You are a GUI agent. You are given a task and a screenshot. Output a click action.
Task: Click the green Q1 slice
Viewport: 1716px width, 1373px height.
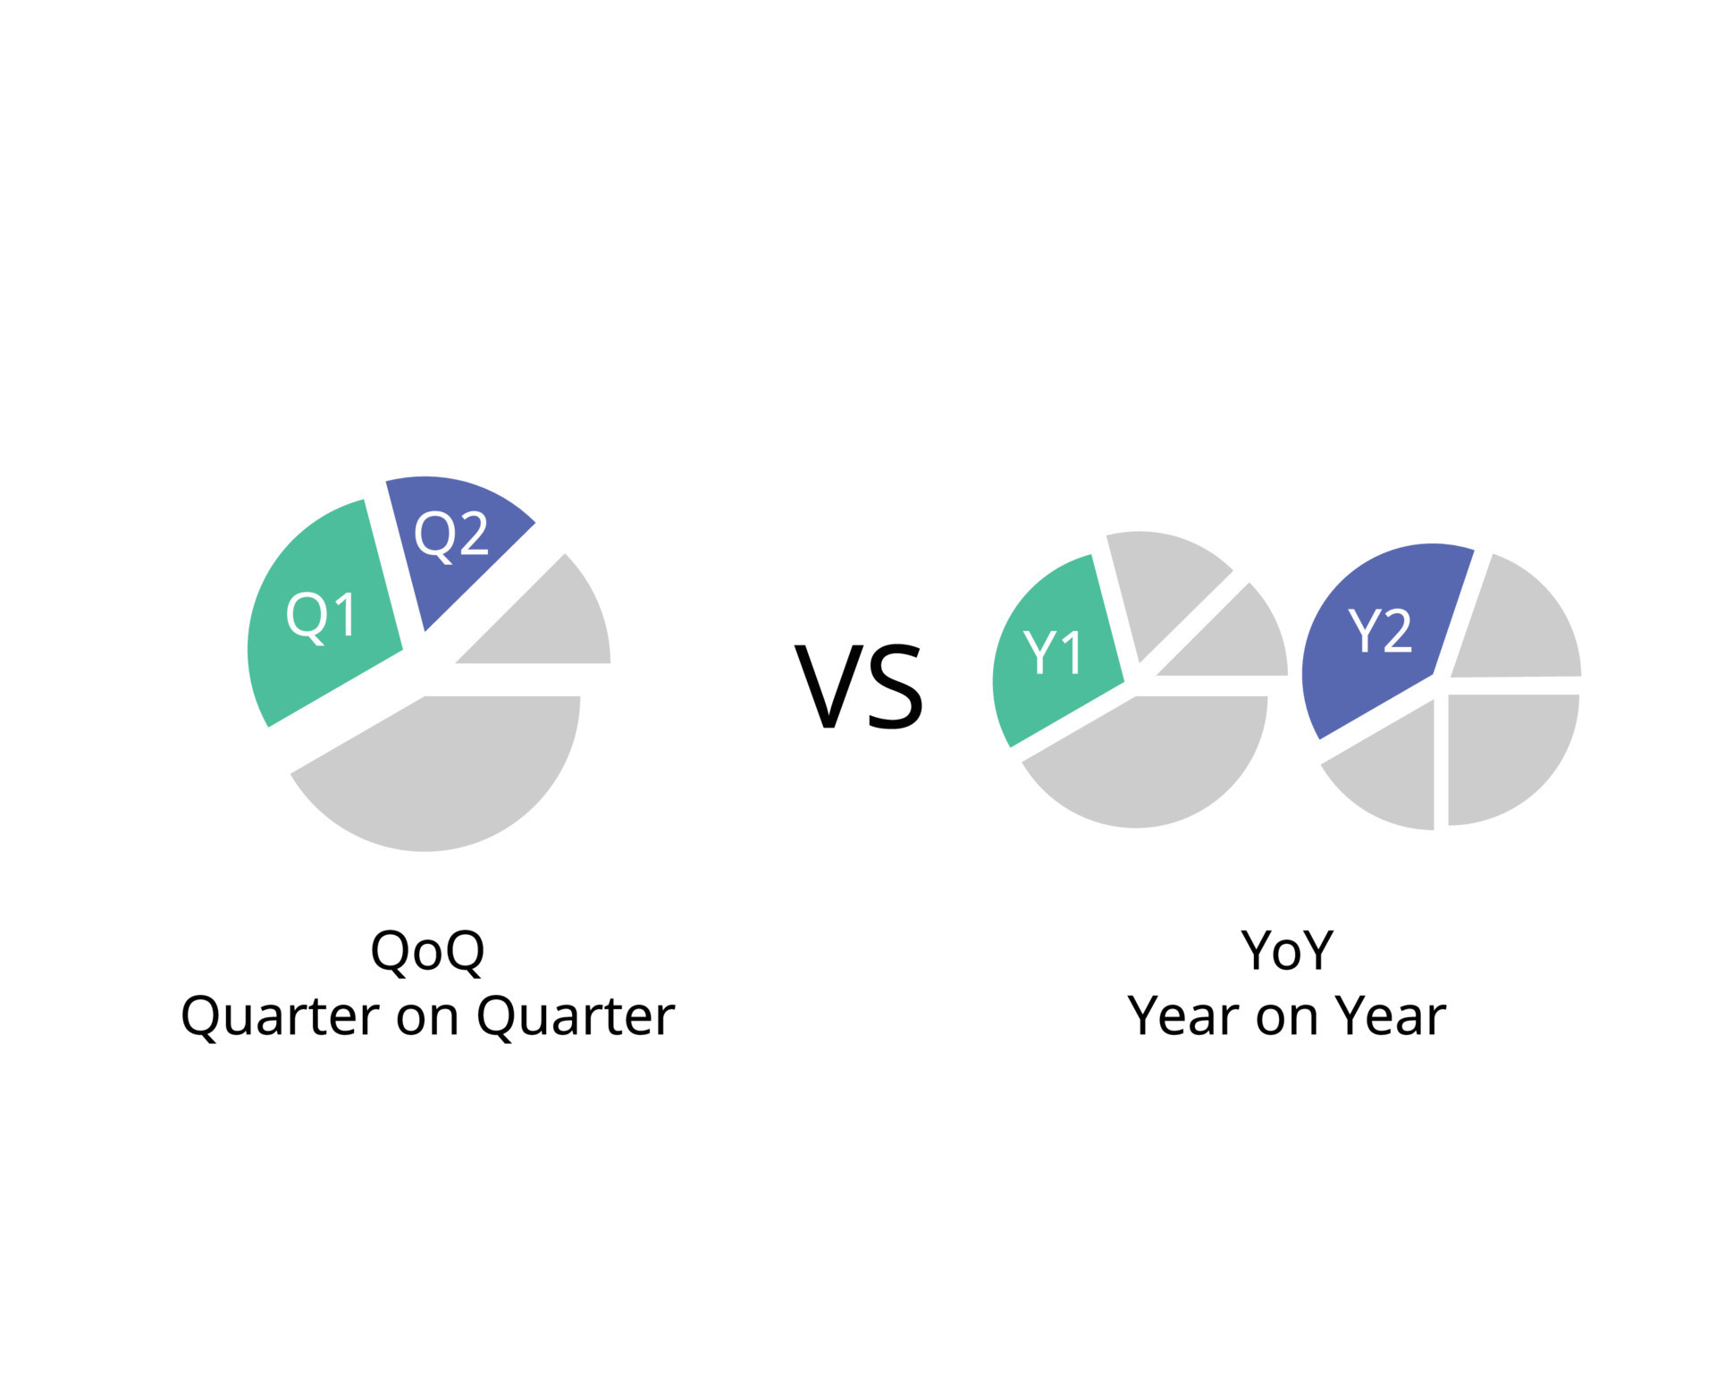(322, 617)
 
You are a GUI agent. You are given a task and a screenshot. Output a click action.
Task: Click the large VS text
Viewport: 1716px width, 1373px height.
(859, 686)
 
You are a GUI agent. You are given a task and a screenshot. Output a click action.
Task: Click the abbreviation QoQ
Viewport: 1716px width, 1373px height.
(427, 951)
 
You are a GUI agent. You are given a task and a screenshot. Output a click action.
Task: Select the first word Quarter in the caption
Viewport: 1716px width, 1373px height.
(281, 1017)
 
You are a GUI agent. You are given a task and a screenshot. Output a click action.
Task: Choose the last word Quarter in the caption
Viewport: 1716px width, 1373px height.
(576, 1017)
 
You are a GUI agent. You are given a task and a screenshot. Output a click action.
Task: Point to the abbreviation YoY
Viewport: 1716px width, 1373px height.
(1287, 950)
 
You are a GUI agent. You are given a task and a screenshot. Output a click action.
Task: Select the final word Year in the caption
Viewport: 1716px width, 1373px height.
(1391, 1016)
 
